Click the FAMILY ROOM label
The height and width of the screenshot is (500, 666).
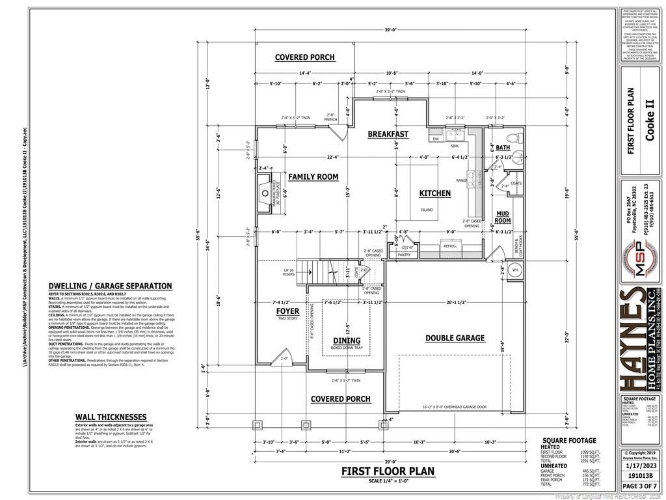coord(313,177)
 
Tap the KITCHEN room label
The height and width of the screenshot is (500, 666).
coord(434,193)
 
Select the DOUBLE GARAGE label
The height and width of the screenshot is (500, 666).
coord(455,338)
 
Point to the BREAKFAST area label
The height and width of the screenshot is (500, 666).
coord(388,134)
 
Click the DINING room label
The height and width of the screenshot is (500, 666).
coord(346,340)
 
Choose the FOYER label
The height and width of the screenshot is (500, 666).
coord(287,311)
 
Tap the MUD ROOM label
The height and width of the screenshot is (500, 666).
coord(503,217)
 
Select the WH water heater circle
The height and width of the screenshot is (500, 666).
coord(514,270)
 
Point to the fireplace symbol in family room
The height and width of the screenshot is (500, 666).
coord(265,193)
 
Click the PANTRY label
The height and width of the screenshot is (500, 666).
coord(405,255)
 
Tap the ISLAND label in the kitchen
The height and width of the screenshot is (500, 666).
coord(427,210)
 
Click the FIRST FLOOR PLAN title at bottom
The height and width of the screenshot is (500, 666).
coord(388,471)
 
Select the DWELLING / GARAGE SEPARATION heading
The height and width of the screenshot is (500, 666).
coord(111,286)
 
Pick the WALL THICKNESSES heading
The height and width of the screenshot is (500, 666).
coord(111,417)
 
